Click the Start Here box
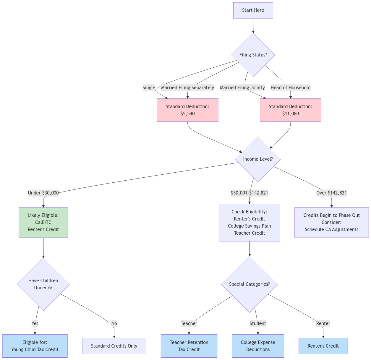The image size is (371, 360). [x=253, y=10]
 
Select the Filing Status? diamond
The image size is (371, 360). [x=253, y=55]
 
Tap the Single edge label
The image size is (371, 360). [x=149, y=87]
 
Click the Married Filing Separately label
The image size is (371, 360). [x=187, y=87]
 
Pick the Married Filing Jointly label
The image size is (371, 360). [x=242, y=87]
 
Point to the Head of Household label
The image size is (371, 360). [x=290, y=87]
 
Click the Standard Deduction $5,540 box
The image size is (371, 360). [x=187, y=110]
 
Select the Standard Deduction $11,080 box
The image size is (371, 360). [x=290, y=110]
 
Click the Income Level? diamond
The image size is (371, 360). [x=258, y=159]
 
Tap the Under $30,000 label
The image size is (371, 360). [x=43, y=193]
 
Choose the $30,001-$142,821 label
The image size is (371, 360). [x=250, y=193]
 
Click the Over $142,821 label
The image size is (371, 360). [x=331, y=193]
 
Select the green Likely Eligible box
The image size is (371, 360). [x=43, y=223]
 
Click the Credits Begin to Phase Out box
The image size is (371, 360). [x=331, y=223]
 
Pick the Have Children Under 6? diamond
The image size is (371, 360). [x=43, y=284]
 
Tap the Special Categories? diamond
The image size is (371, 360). [x=250, y=284]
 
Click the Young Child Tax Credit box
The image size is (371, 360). [x=35, y=346]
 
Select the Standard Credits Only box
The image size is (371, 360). [x=114, y=346]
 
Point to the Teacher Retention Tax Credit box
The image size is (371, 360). [x=189, y=346]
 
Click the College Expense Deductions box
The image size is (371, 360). [x=258, y=346]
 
